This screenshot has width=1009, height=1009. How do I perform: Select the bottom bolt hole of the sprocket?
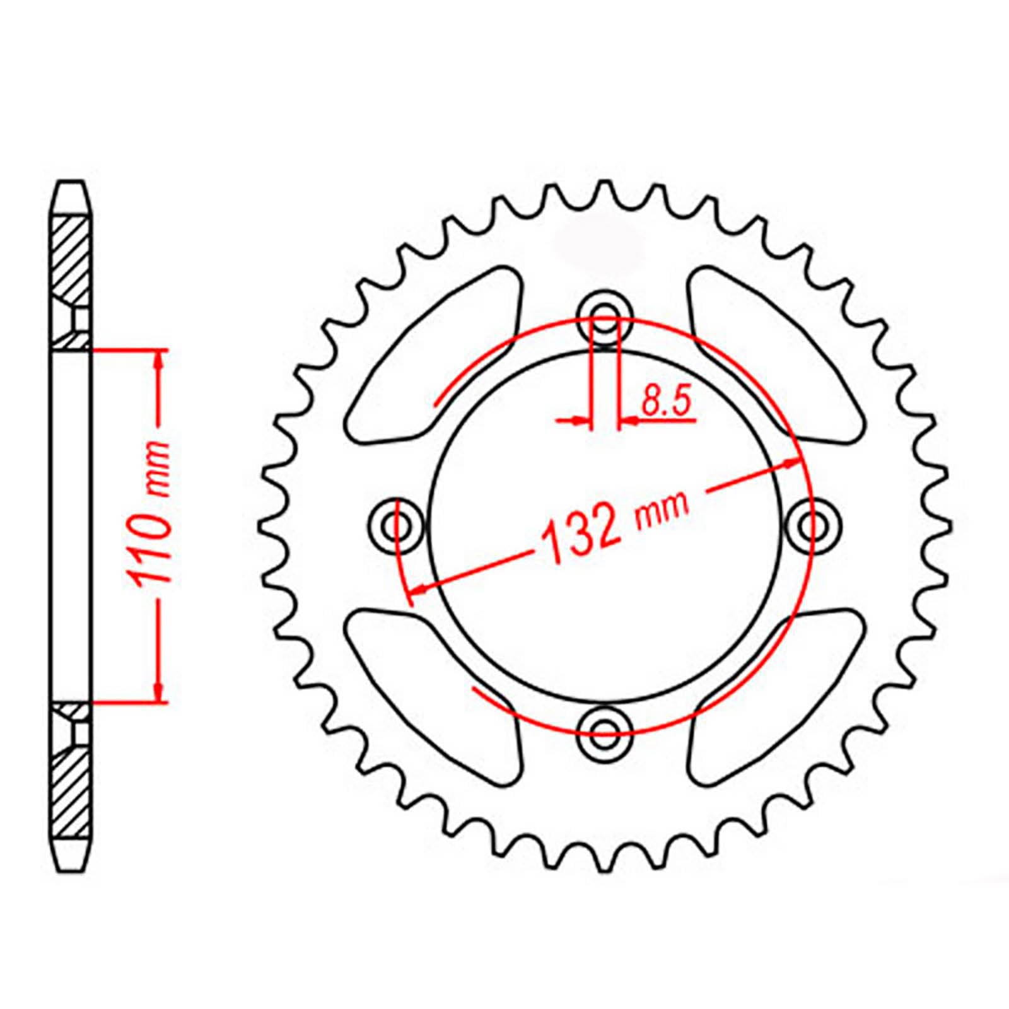[605, 730]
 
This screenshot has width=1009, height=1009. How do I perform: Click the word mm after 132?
[662, 508]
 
